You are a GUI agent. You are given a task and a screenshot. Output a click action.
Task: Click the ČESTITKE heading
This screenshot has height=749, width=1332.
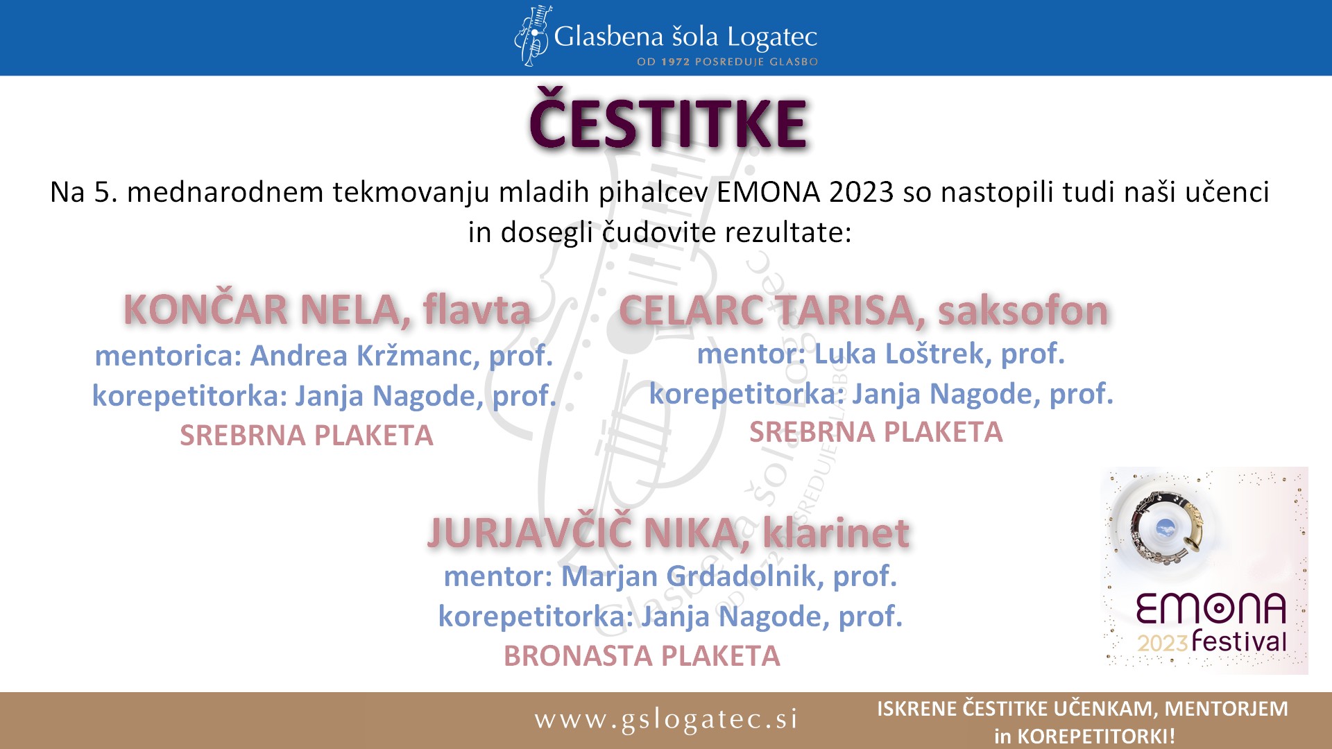(668, 121)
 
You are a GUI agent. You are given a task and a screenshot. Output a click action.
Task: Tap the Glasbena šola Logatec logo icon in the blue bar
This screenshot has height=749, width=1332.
(533, 36)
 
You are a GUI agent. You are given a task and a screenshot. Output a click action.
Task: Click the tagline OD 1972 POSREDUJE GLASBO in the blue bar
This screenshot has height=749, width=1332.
(727, 62)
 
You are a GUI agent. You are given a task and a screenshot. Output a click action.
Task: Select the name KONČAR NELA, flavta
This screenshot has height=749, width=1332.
(327, 309)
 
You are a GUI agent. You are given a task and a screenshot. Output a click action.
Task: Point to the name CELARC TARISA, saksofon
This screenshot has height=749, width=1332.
(863, 310)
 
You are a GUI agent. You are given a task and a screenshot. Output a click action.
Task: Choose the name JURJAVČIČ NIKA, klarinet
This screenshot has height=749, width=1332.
(668, 533)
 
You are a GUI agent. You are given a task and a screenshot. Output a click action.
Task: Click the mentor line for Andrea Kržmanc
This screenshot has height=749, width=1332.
(324, 356)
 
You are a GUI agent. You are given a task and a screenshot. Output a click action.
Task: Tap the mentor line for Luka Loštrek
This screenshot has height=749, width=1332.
(880, 354)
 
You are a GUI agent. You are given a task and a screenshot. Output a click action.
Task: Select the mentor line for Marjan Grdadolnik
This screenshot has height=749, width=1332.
(670, 576)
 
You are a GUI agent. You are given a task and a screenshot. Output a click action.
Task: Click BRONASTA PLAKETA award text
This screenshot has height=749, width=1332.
(642, 656)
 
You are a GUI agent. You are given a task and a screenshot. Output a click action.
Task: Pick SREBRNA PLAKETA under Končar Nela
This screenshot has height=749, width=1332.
(306, 436)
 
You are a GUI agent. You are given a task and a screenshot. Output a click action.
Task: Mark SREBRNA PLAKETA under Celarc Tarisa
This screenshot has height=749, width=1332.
(876, 432)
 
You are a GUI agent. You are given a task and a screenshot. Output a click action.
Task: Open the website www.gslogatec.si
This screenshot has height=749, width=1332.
(666, 719)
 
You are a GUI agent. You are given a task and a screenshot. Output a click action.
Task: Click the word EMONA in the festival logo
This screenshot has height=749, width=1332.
(1211, 609)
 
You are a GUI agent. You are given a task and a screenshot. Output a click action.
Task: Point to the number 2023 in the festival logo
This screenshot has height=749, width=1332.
(1163, 643)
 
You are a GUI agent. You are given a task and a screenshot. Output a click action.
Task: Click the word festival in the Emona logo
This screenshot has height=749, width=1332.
(1239, 640)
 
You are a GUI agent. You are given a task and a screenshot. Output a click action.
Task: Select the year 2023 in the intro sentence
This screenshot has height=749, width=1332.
(861, 192)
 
